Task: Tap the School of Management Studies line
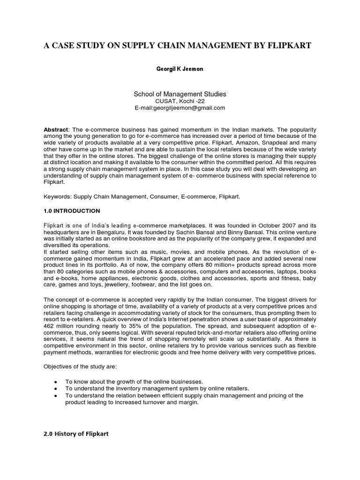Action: click(180, 94)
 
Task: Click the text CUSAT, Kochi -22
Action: click(180, 101)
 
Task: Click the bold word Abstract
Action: click(56, 129)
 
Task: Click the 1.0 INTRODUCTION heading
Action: click(72, 211)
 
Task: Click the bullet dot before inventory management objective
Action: click(56, 389)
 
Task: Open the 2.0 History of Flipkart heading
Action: click(76, 434)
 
